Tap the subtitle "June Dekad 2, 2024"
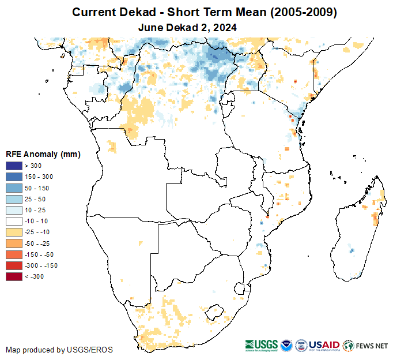tap(188, 27)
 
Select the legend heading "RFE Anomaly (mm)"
tap(43, 154)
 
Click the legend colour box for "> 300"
tap(14, 166)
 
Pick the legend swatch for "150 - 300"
tap(14, 177)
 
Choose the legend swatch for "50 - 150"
tap(14, 188)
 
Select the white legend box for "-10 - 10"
tap(14, 221)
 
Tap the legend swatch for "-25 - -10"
tap(14, 232)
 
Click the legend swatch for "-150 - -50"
tap(14, 254)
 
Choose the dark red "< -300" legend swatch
tap(14, 276)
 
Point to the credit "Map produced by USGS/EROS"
tap(59, 350)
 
